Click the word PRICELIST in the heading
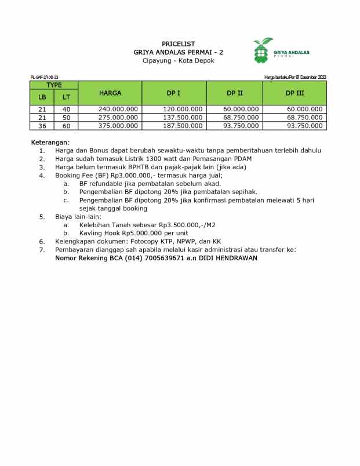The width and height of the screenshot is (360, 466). pos(178,44)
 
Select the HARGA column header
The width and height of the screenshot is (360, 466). pos(110,93)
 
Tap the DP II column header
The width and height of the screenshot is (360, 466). pos(235,93)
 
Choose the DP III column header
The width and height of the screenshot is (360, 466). pos(294,93)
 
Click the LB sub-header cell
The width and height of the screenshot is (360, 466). pos(42,97)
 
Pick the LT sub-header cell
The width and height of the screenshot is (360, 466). pos(66,97)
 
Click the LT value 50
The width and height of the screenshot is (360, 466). pos(66,118)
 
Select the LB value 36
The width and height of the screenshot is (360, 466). pos(42,126)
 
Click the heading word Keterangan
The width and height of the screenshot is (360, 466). pos(50,142)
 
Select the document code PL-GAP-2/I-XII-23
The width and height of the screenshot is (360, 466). pos(45,78)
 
